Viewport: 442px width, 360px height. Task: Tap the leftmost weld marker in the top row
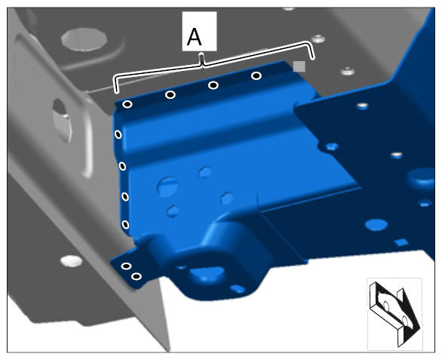[x=127, y=104]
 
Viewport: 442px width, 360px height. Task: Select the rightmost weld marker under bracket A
[x=256, y=75]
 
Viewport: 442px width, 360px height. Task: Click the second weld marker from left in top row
[x=170, y=94]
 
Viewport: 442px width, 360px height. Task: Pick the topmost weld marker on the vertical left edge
[x=118, y=134]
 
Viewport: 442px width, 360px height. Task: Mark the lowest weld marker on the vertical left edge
[x=125, y=225]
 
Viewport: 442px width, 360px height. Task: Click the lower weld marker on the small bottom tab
[x=137, y=276]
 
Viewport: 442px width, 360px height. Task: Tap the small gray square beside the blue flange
[x=299, y=66]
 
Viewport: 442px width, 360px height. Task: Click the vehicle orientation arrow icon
[x=394, y=314]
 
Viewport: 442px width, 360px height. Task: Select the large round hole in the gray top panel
[x=84, y=39]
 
